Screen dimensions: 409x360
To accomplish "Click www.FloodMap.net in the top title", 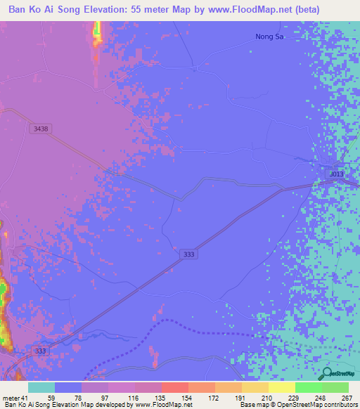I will [x=245, y=10].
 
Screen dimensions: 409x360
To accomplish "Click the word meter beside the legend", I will [x=12, y=398].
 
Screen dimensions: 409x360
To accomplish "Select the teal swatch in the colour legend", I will [x=41, y=387].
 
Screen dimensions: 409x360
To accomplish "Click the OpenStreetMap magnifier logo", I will [x=326, y=373].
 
